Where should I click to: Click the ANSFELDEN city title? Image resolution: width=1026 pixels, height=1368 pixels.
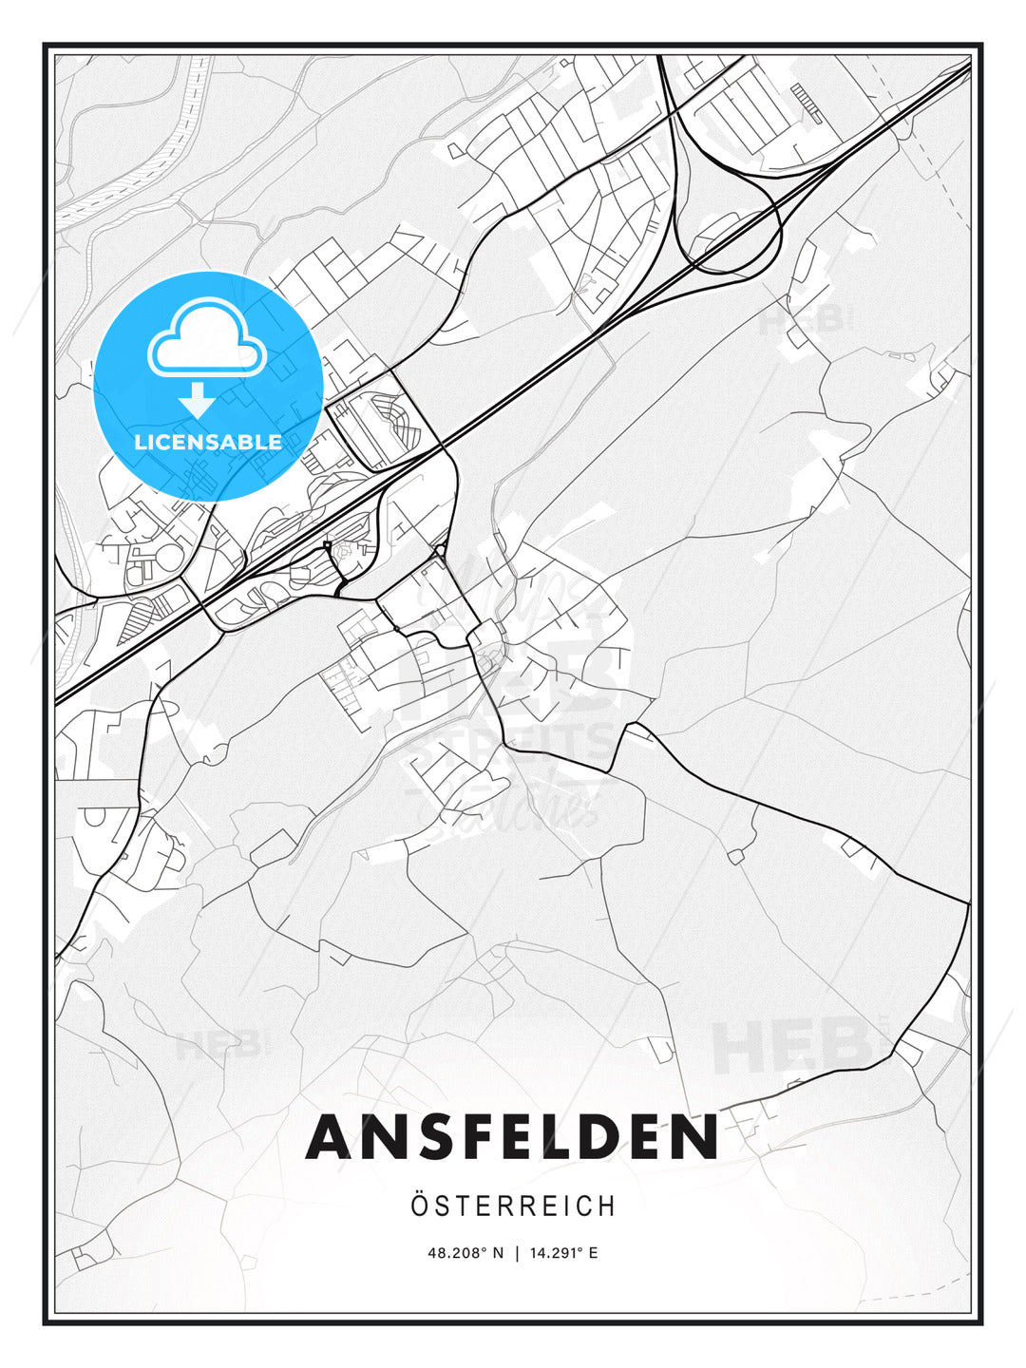512,1136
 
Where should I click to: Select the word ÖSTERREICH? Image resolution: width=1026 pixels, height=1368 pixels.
513,1206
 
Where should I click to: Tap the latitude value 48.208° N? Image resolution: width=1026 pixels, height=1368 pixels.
466,1253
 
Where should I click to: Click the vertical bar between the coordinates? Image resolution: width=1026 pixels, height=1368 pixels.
516,1253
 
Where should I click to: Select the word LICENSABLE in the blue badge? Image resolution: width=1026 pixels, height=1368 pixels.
208,442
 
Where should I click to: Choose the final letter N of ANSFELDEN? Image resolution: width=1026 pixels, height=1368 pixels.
693,1136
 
